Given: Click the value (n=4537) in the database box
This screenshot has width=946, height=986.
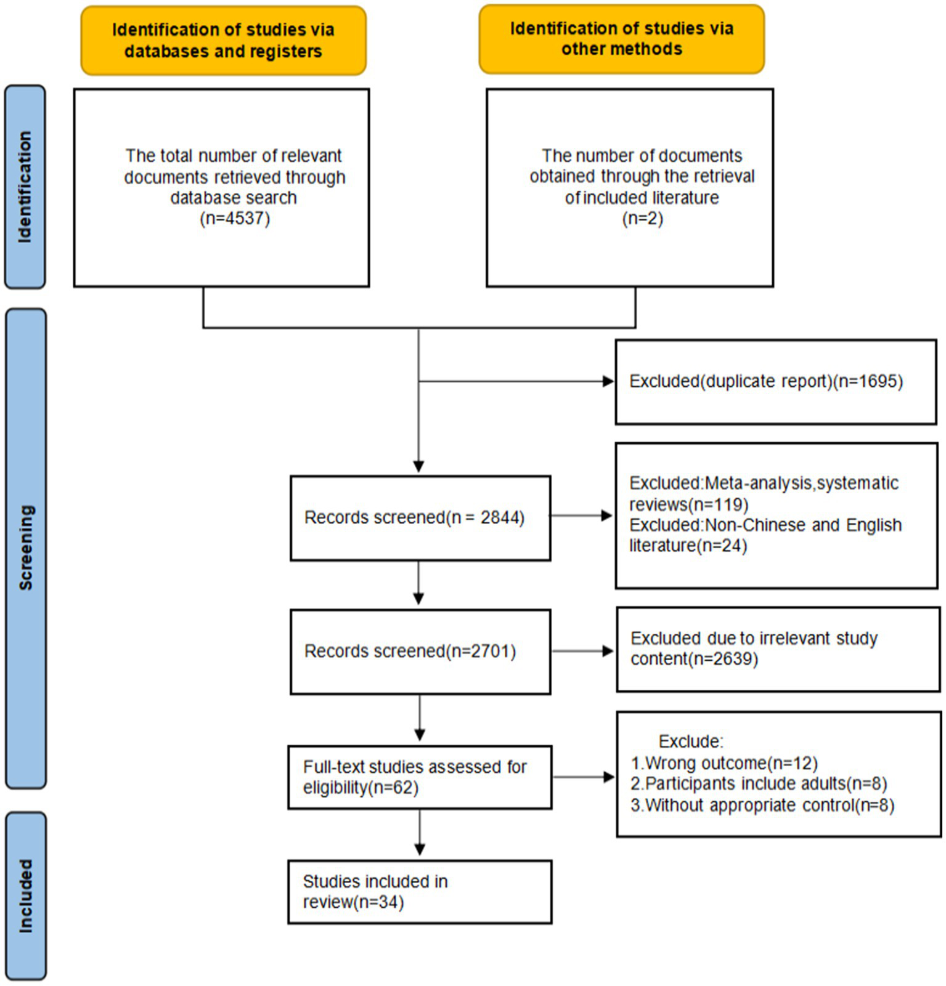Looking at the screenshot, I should click(235, 219).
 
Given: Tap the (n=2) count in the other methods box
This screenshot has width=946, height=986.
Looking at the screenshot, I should click(642, 219).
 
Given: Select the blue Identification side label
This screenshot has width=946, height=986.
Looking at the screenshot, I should click(25, 187).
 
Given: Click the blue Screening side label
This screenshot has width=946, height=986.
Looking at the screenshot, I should click(25, 548).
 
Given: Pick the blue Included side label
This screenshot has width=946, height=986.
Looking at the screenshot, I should click(25, 895).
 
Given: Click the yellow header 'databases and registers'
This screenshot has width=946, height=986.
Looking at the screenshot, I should click(223, 41).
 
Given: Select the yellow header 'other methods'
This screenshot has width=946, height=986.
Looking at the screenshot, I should click(621, 39).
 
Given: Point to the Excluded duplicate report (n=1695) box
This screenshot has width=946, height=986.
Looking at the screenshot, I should click(775, 382).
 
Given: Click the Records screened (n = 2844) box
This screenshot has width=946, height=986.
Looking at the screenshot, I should click(420, 517).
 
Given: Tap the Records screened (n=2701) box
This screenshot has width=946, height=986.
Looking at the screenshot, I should click(420, 652).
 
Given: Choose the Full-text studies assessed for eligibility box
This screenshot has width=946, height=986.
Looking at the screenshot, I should click(420, 777).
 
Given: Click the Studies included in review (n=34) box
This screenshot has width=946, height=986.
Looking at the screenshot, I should click(420, 892).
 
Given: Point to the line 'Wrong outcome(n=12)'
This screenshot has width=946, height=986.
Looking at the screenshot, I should click(724, 763).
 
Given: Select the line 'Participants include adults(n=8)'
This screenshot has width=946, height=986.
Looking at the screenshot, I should click(759, 784).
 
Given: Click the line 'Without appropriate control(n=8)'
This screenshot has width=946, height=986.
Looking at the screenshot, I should click(762, 805).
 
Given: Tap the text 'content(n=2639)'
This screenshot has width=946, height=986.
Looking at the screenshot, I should click(694, 659).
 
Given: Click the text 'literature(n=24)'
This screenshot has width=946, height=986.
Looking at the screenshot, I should click(688, 546).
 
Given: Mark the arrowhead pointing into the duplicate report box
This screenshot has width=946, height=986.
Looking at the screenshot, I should click(608, 382).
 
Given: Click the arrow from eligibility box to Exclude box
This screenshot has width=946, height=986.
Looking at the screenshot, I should click(583, 777).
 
